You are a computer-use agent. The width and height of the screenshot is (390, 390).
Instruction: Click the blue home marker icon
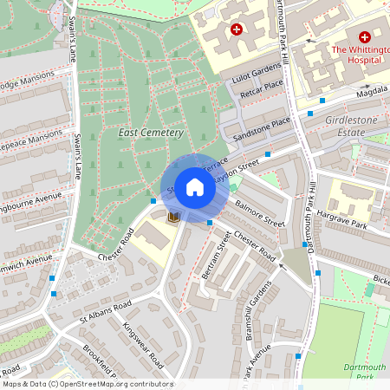click(x=194, y=187)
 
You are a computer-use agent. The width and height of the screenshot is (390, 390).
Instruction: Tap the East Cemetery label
click(x=150, y=133)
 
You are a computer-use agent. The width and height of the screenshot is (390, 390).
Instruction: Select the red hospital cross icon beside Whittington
click(x=364, y=37)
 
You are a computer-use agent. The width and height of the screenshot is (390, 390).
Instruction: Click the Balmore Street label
click(x=261, y=212)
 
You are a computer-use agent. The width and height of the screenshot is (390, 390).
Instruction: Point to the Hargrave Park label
click(x=342, y=217)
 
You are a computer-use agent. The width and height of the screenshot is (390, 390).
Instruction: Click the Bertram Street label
click(x=217, y=257)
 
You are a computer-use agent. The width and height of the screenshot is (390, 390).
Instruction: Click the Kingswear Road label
click(x=143, y=341)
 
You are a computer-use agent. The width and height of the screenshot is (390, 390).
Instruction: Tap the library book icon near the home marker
click(x=172, y=216)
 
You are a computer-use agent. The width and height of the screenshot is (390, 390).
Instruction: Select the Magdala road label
click(x=370, y=88)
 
